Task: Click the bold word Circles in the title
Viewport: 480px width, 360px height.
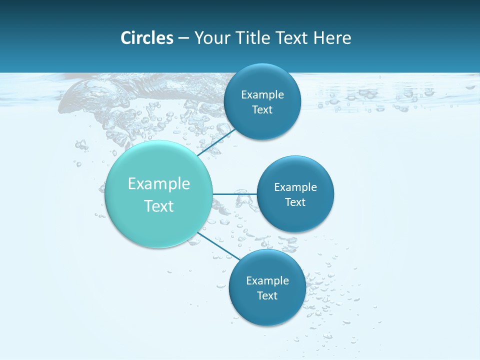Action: (147, 38)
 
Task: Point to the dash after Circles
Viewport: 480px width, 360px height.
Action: (183, 38)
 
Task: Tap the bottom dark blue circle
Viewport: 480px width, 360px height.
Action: (267, 310)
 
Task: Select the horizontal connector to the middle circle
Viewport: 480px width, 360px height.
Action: (234, 194)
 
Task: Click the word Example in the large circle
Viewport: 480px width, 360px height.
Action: (159, 184)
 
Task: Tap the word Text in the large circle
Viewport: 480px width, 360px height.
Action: (159, 206)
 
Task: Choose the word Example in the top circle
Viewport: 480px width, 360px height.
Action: (262, 95)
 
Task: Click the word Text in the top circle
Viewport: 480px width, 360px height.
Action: (262, 110)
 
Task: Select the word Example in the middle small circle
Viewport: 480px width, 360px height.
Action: (295, 187)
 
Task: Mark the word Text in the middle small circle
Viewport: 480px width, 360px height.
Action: (295, 202)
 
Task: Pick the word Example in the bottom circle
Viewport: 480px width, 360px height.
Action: (267, 281)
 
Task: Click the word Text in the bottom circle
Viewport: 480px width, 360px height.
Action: (267, 296)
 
